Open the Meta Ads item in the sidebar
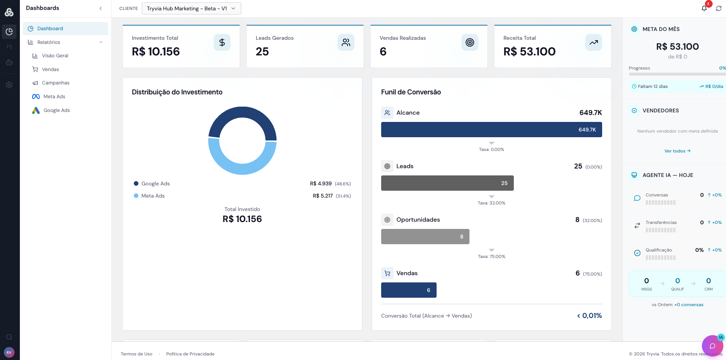point(54,97)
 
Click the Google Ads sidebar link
point(56,110)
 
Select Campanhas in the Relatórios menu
point(55,83)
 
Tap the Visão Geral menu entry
point(55,56)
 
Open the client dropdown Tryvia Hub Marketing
point(191,8)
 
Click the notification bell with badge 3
point(704,8)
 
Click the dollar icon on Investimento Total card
point(222,42)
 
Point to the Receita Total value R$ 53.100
point(529,52)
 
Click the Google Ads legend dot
point(136,184)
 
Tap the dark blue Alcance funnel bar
point(491,130)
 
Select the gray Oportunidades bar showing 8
point(425,237)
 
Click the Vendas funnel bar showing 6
point(408,290)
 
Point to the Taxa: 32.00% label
point(491,203)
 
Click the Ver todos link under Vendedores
point(677,151)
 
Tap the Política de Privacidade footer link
point(190,354)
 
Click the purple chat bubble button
point(712,346)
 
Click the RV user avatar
point(9,352)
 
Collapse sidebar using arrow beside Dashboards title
point(101,8)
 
